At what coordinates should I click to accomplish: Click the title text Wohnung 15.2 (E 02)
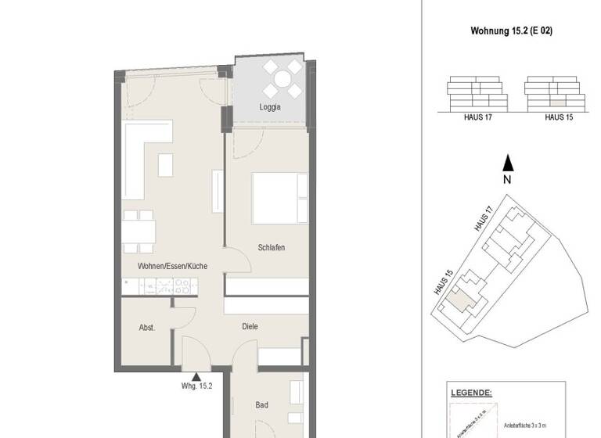tap(513, 32)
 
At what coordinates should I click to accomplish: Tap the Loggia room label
tap(270, 107)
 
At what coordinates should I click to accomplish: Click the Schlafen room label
tap(271, 248)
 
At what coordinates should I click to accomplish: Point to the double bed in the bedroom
tap(279, 198)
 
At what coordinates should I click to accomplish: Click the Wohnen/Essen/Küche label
tap(172, 267)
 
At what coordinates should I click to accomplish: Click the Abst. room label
tap(146, 328)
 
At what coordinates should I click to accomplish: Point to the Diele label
tap(250, 326)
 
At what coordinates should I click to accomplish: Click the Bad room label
tap(261, 405)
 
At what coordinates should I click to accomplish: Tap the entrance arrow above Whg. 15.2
tap(196, 377)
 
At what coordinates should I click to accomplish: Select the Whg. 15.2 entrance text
tap(196, 386)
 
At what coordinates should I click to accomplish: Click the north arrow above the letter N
tap(508, 163)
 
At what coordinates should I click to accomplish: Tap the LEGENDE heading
tap(471, 393)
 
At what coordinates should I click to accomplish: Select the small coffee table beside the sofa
tap(166, 165)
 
